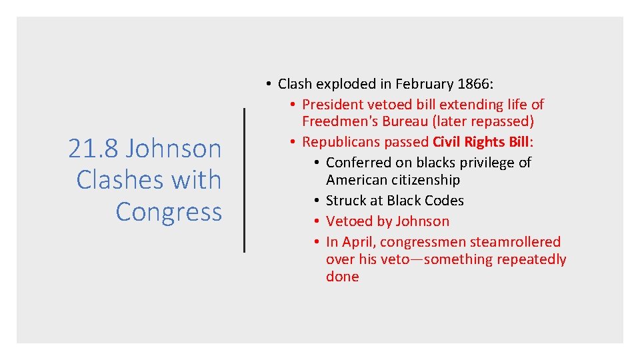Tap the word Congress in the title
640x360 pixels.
169,211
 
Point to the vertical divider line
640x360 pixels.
245,180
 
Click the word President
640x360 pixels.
332,105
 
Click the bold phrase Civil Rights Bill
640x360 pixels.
480,142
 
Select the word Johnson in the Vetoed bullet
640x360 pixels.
419,221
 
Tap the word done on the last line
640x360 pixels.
342,277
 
